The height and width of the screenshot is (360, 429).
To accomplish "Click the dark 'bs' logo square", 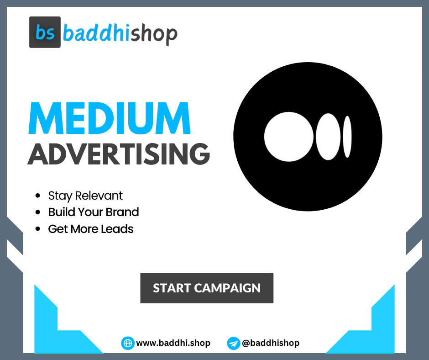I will pyautogui.click(x=45, y=32).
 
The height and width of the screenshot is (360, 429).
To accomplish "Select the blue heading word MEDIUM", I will pyautogui.click(x=109, y=119).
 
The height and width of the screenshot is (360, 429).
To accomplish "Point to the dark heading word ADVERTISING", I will pyautogui.click(x=119, y=154).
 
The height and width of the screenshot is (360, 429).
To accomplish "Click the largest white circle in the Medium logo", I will pyautogui.click(x=288, y=137).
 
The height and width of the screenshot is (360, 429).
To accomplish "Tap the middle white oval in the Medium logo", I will pyautogui.click(x=328, y=137).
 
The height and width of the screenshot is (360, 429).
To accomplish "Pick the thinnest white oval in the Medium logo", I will pyautogui.click(x=347, y=137).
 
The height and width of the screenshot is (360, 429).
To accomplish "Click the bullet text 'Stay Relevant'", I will pyautogui.click(x=85, y=196).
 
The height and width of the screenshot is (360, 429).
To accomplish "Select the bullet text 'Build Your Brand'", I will pyautogui.click(x=94, y=212).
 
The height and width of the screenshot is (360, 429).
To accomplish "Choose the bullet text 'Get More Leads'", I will pyautogui.click(x=91, y=229).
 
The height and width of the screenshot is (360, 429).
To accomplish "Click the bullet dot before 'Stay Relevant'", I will pyautogui.click(x=38, y=196).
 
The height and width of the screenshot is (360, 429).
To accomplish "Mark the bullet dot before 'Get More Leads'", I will pyautogui.click(x=38, y=229).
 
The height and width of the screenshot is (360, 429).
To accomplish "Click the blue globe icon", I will pyautogui.click(x=127, y=343).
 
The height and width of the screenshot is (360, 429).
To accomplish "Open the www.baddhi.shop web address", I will pyautogui.click(x=173, y=343).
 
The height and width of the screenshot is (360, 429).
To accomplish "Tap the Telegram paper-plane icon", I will pyautogui.click(x=233, y=343).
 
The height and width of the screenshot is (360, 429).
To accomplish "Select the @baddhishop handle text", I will pyautogui.click(x=271, y=343).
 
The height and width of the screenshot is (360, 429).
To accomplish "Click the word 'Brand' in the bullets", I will pyautogui.click(x=122, y=212).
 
